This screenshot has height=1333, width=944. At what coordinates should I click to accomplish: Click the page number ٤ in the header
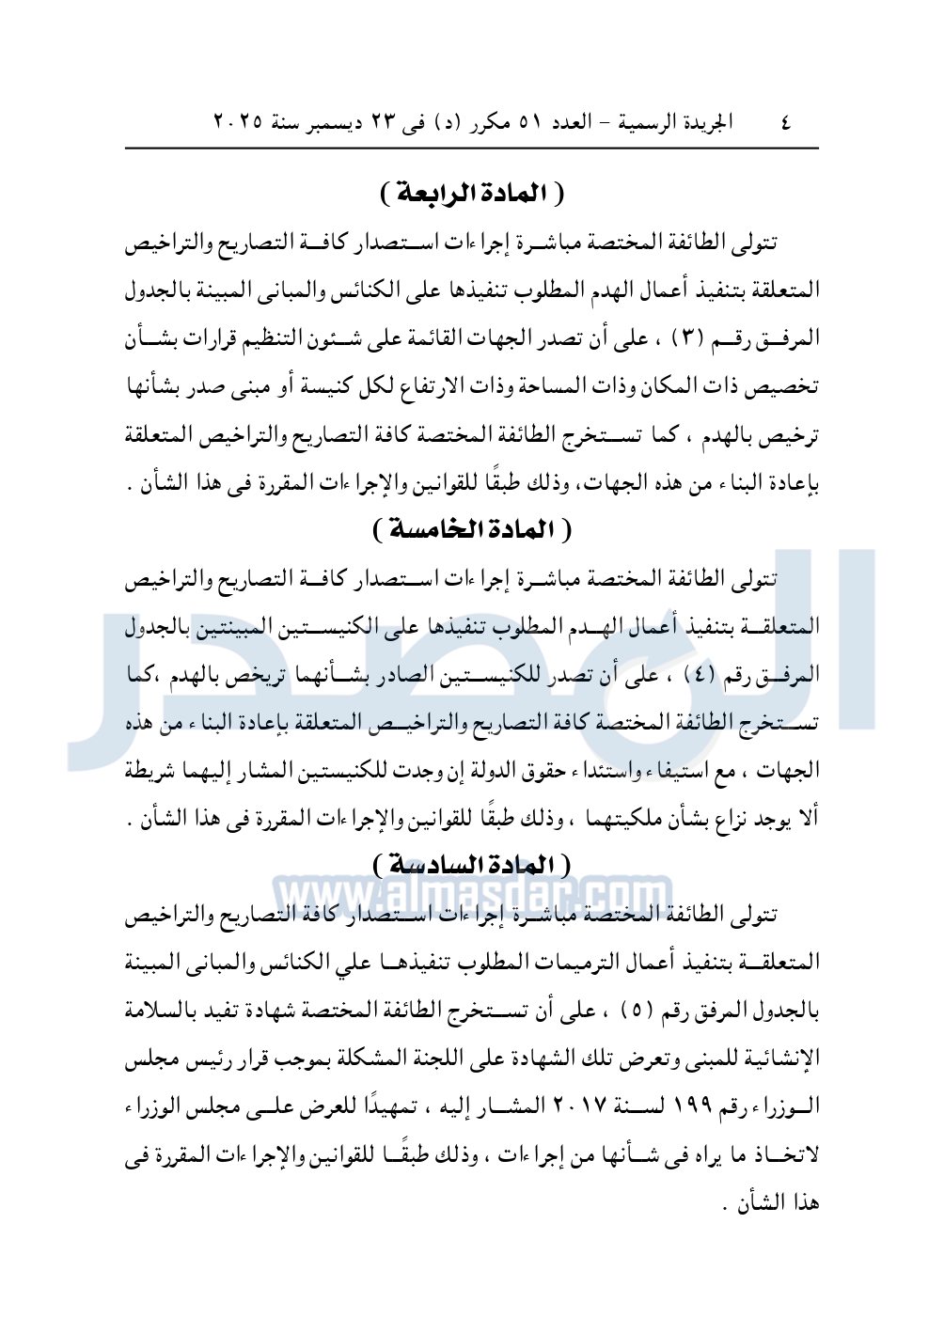tap(786, 122)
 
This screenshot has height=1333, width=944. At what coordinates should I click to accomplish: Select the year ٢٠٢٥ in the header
tap(238, 122)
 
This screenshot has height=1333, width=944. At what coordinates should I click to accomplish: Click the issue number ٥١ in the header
tap(531, 122)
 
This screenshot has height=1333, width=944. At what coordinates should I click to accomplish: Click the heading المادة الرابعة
tap(472, 193)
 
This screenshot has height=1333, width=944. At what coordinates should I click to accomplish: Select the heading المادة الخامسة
tap(472, 529)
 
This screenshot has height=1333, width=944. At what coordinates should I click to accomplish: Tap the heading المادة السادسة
tap(472, 864)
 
